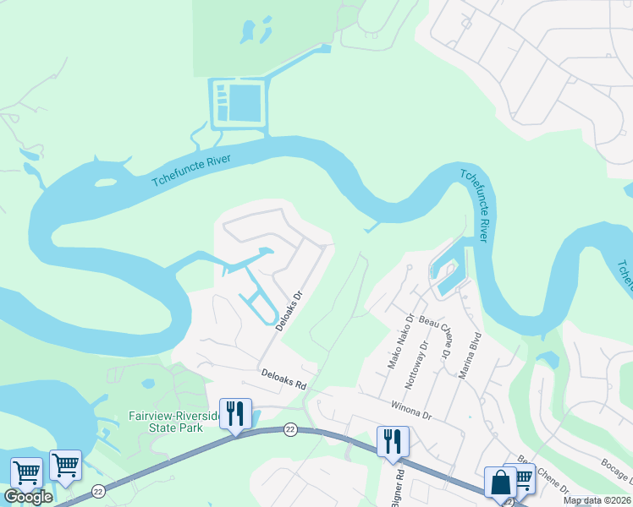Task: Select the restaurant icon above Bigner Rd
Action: coord(393,441)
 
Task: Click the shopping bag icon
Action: coord(500,482)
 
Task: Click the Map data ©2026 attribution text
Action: coord(597,500)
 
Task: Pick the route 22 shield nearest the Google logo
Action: coord(99,491)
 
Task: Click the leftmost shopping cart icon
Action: coord(26,472)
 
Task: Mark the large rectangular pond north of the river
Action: coord(245,102)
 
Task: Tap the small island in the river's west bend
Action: coord(105,182)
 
